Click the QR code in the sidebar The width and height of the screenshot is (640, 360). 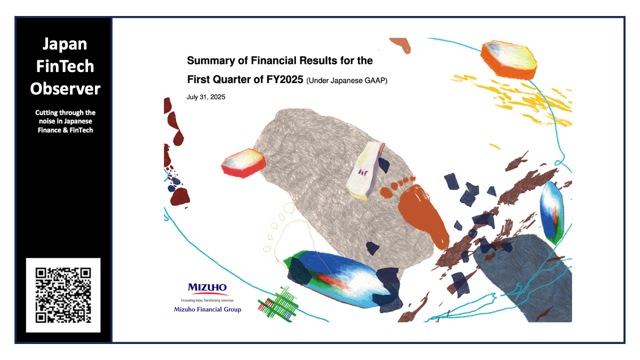[x=63, y=295]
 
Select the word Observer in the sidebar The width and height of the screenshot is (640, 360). [x=65, y=89]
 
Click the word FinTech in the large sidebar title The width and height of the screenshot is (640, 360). [x=65, y=66]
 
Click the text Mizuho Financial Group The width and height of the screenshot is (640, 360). [x=207, y=309]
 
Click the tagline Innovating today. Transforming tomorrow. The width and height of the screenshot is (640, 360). [x=208, y=301]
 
